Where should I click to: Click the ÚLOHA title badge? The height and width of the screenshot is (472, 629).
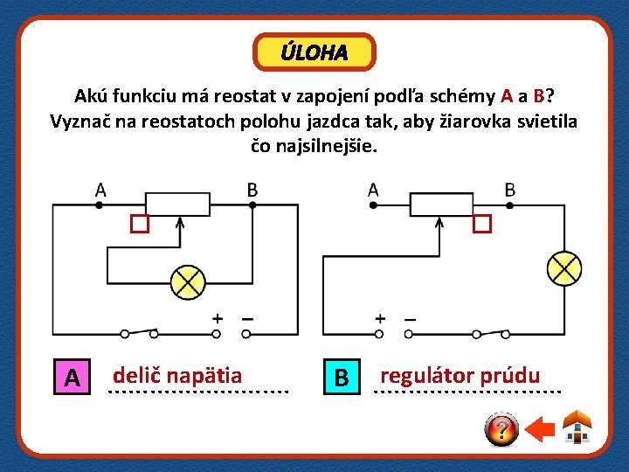(314, 52)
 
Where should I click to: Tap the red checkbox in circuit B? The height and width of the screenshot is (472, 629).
(482, 224)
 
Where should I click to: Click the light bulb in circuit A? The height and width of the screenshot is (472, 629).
(186, 281)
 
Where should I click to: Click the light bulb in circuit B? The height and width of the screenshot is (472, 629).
(563, 267)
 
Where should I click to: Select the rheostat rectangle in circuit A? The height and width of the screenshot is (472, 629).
(178, 204)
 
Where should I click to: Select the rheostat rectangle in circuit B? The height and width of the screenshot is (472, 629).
(442, 204)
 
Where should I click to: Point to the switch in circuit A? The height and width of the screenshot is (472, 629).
(140, 332)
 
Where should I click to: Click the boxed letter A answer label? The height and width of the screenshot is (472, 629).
(73, 378)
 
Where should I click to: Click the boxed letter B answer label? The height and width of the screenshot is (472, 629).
(342, 378)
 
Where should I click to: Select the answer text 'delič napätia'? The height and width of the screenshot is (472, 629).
(177, 376)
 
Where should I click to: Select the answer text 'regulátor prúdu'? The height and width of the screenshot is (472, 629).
(460, 376)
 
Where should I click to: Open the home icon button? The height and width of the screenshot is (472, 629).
(577, 427)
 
